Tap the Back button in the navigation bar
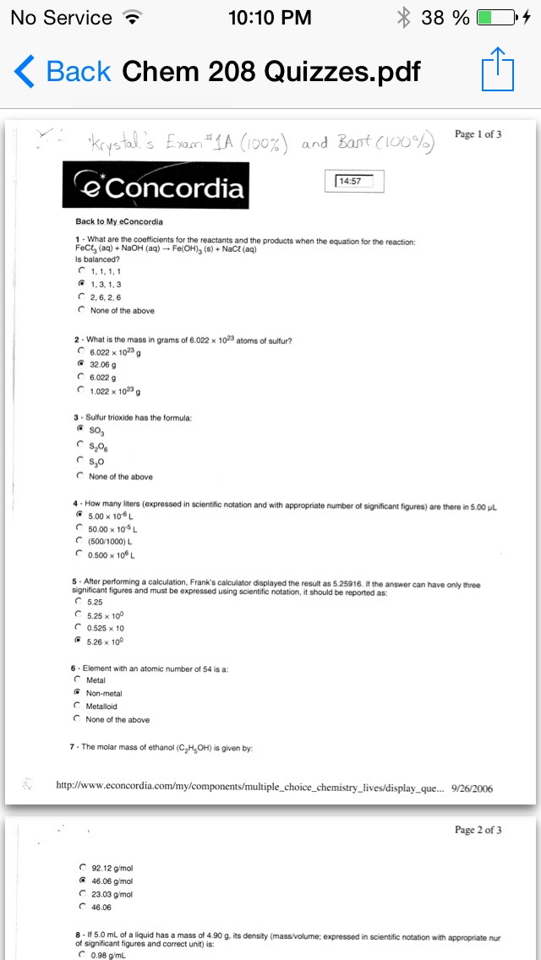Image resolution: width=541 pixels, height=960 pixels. pyautogui.click(x=63, y=71)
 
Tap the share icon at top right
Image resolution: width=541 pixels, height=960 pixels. pyautogui.click(x=497, y=70)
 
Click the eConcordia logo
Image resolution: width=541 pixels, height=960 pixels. pyautogui.click(x=156, y=187)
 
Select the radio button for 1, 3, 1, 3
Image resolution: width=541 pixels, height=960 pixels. pyautogui.click(x=81, y=285)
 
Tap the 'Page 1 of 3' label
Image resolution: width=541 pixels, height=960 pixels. pyautogui.click(x=478, y=134)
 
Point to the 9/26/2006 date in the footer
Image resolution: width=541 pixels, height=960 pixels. pyautogui.click(x=473, y=788)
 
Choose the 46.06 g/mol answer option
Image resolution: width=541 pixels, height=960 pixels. pyautogui.click(x=82, y=881)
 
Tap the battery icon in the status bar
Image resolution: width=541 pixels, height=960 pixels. pyautogui.click(x=496, y=17)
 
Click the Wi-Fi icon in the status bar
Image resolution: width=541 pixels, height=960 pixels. pyautogui.click(x=131, y=17)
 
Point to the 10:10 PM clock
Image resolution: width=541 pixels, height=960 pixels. pyautogui.click(x=270, y=17)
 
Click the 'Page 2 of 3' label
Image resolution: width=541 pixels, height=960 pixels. pyautogui.click(x=478, y=830)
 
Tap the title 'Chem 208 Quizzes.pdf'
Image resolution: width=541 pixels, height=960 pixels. pyautogui.click(x=270, y=71)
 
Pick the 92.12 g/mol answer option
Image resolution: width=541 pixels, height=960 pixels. pyautogui.click(x=82, y=868)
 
